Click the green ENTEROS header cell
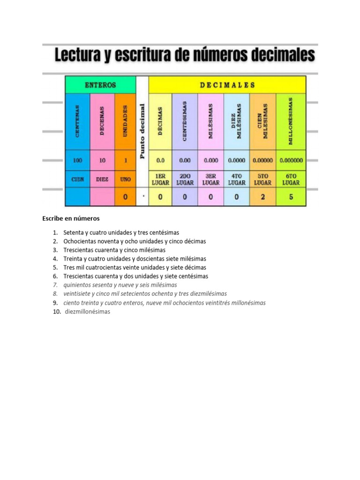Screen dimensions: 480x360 100,85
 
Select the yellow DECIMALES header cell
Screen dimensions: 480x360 227,85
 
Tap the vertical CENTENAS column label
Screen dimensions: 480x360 77,121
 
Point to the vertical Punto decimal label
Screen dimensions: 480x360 142,131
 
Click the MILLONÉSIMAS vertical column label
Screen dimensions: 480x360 291,121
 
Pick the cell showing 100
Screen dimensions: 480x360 77,160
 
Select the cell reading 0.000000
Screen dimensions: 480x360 291,160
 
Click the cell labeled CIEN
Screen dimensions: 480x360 77,179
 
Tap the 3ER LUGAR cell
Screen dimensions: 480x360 211,180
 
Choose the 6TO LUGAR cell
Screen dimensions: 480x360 291,180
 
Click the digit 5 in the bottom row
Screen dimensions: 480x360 291,197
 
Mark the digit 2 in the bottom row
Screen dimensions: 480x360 262,197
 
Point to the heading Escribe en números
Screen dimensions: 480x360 71,218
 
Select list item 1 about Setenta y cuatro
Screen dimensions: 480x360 121,232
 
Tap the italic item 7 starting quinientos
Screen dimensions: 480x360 120,285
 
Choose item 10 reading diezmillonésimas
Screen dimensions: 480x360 88,312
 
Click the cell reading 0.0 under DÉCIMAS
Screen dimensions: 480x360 160,160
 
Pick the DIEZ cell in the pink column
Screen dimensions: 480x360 102,179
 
